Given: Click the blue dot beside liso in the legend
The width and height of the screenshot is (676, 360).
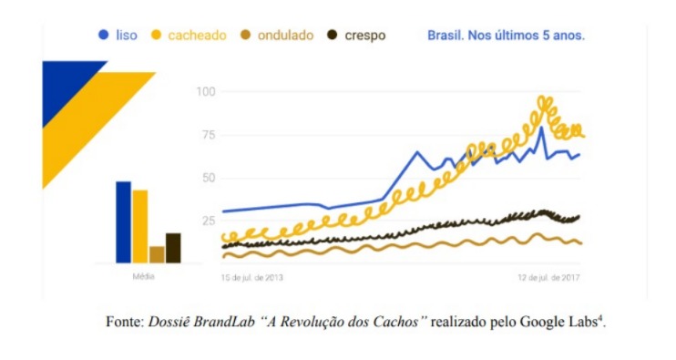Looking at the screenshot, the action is point(104,35).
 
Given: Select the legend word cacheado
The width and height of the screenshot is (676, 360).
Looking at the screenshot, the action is point(197,36).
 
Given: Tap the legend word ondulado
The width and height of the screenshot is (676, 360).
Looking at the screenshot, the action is point(285,36).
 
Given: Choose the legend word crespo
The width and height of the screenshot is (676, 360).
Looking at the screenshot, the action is point(364,36).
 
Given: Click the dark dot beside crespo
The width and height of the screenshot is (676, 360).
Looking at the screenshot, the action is point(332,35).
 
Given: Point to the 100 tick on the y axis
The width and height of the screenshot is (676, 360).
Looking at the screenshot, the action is point(206,92).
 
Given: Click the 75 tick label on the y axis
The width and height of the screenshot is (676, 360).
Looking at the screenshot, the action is point(209,135).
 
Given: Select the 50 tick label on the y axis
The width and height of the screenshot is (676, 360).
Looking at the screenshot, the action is point(209,178).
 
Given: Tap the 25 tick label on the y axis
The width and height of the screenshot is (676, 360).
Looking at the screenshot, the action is point(209,221).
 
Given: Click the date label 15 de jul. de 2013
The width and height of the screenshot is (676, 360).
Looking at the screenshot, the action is point(252,278).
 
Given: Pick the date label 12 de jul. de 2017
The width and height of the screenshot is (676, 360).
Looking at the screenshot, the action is point(548,278).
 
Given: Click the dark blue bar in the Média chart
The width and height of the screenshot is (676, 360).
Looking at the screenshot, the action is point(123,222).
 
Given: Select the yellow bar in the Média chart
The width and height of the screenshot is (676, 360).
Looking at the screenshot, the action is point(140,227).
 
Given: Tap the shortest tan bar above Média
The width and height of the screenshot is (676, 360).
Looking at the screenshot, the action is point(157,255).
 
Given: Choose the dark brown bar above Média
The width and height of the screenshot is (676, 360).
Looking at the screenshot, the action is point(173,248).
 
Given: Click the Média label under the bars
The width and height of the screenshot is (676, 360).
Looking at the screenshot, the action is point(144,276).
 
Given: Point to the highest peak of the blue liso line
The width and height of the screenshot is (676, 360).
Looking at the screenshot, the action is point(541,128).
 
